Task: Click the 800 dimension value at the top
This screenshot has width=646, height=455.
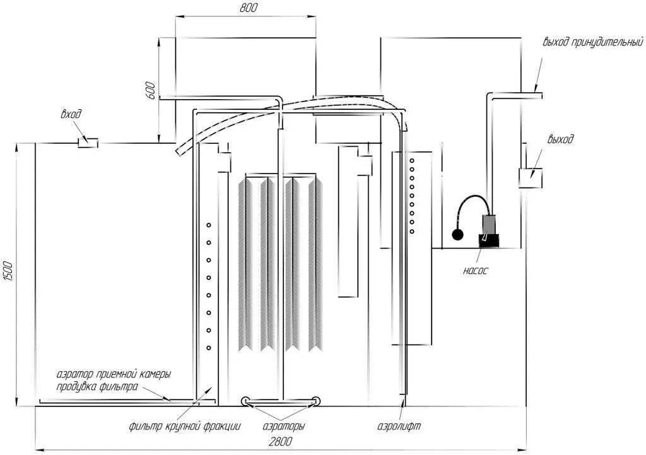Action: pyautogui.click(x=249, y=8)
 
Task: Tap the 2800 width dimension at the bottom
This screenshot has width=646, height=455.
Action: pyautogui.click(x=280, y=441)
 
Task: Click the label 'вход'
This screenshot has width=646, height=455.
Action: pyautogui.click(x=71, y=114)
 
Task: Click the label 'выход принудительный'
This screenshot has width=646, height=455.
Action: pyautogui.click(x=593, y=42)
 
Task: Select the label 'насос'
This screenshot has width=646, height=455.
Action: pyautogui.click(x=476, y=271)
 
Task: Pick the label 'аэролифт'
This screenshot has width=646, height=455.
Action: pyautogui.click(x=399, y=426)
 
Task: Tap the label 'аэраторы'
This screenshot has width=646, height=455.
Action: pyautogui.click(x=284, y=426)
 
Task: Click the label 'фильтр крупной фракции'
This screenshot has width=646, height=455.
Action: pyautogui.click(x=185, y=426)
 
